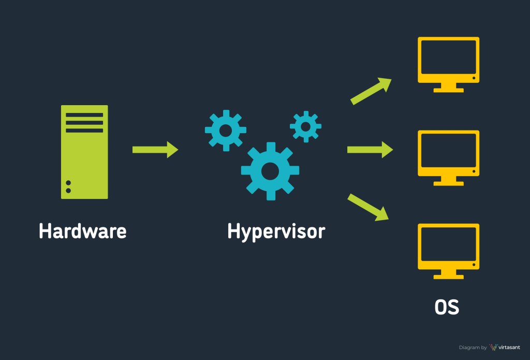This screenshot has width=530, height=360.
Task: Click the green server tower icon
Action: tap(84, 152)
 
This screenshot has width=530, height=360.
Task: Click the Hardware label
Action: tap(82, 231)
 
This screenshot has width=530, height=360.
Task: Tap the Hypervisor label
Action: tap(276, 231)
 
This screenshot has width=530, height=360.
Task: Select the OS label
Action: tap(447, 308)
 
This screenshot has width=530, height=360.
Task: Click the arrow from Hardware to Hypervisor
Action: tap(155, 150)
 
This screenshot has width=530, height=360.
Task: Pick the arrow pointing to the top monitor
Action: tap(370, 91)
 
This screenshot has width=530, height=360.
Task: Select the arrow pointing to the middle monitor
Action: tap(370, 150)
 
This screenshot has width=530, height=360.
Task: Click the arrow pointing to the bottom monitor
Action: tap(369, 207)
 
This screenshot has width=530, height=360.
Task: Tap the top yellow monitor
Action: tap(448, 60)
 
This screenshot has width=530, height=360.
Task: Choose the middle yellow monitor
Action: tap(448, 153)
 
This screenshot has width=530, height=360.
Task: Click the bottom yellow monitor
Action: tap(448, 247)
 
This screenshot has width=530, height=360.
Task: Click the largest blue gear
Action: tap(270, 170)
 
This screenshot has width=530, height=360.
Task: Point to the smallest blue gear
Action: tap(305, 126)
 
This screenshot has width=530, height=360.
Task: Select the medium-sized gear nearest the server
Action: tap(225, 130)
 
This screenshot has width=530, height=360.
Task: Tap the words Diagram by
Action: tap(473, 348)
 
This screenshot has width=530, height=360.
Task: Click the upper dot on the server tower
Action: tap(68, 183)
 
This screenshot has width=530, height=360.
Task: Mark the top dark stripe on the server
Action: tap(84, 115)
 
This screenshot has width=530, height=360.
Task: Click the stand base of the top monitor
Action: tap(448, 90)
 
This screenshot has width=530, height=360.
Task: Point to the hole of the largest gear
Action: tap(270, 170)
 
